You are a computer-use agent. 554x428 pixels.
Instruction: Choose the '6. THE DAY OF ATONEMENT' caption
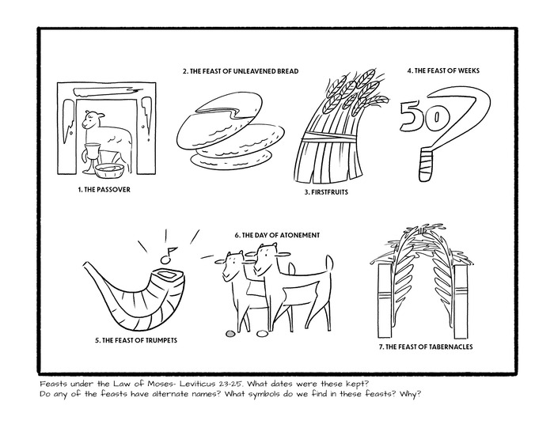click(277, 236)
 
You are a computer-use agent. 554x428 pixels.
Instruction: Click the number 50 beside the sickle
click(417, 116)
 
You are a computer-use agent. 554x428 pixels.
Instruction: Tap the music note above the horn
click(165, 254)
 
